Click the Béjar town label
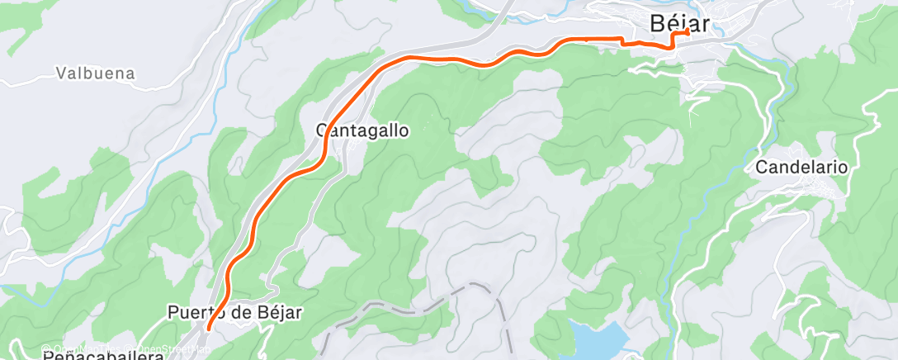[x=679, y=22]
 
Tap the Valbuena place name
[x=96, y=73]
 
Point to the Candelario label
[x=801, y=167]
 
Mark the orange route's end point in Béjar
[x=687, y=31]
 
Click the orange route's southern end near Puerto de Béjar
[x=208, y=328]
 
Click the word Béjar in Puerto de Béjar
[x=280, y=313]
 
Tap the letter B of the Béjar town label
[x=658, y=23]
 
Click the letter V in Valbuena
[x=62, y=73]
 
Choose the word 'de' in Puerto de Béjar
[x=243, y=313]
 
